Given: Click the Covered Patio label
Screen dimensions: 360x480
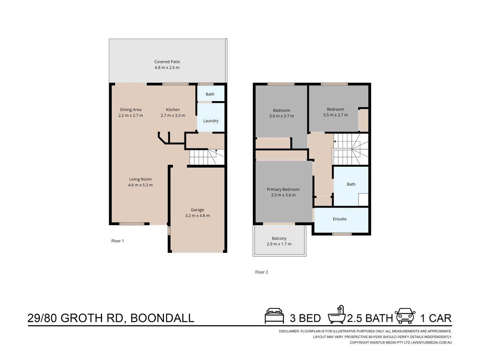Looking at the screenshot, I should point(167,62).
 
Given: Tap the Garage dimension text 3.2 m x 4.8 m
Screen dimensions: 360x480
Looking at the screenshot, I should point(197,216).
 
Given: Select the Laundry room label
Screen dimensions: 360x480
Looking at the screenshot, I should point(211,121).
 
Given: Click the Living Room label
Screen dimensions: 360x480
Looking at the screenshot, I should point(140,179).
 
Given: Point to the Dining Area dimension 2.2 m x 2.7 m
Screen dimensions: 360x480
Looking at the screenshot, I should point(130,116).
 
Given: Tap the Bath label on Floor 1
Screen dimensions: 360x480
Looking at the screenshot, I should point(210,94).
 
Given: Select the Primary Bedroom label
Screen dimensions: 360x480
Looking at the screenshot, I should point(283,190).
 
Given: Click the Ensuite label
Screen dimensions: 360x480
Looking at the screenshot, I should point(340,219).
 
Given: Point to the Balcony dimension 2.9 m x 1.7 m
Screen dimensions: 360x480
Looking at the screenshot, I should point(279,244).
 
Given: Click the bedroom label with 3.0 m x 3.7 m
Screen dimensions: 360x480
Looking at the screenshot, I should point(282,110).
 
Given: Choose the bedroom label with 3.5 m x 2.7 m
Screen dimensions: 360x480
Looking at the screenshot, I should point(335,109).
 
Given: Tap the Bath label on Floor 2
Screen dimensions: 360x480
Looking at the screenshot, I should point(351,184).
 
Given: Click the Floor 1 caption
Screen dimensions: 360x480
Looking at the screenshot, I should point(118,241).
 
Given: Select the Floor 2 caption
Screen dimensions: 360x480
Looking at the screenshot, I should point(262,272).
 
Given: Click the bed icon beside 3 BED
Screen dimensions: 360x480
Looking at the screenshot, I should point(274,316).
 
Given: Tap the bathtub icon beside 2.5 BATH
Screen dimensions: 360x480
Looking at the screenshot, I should point(337,315).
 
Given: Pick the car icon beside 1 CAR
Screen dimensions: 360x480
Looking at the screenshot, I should point(405,316).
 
